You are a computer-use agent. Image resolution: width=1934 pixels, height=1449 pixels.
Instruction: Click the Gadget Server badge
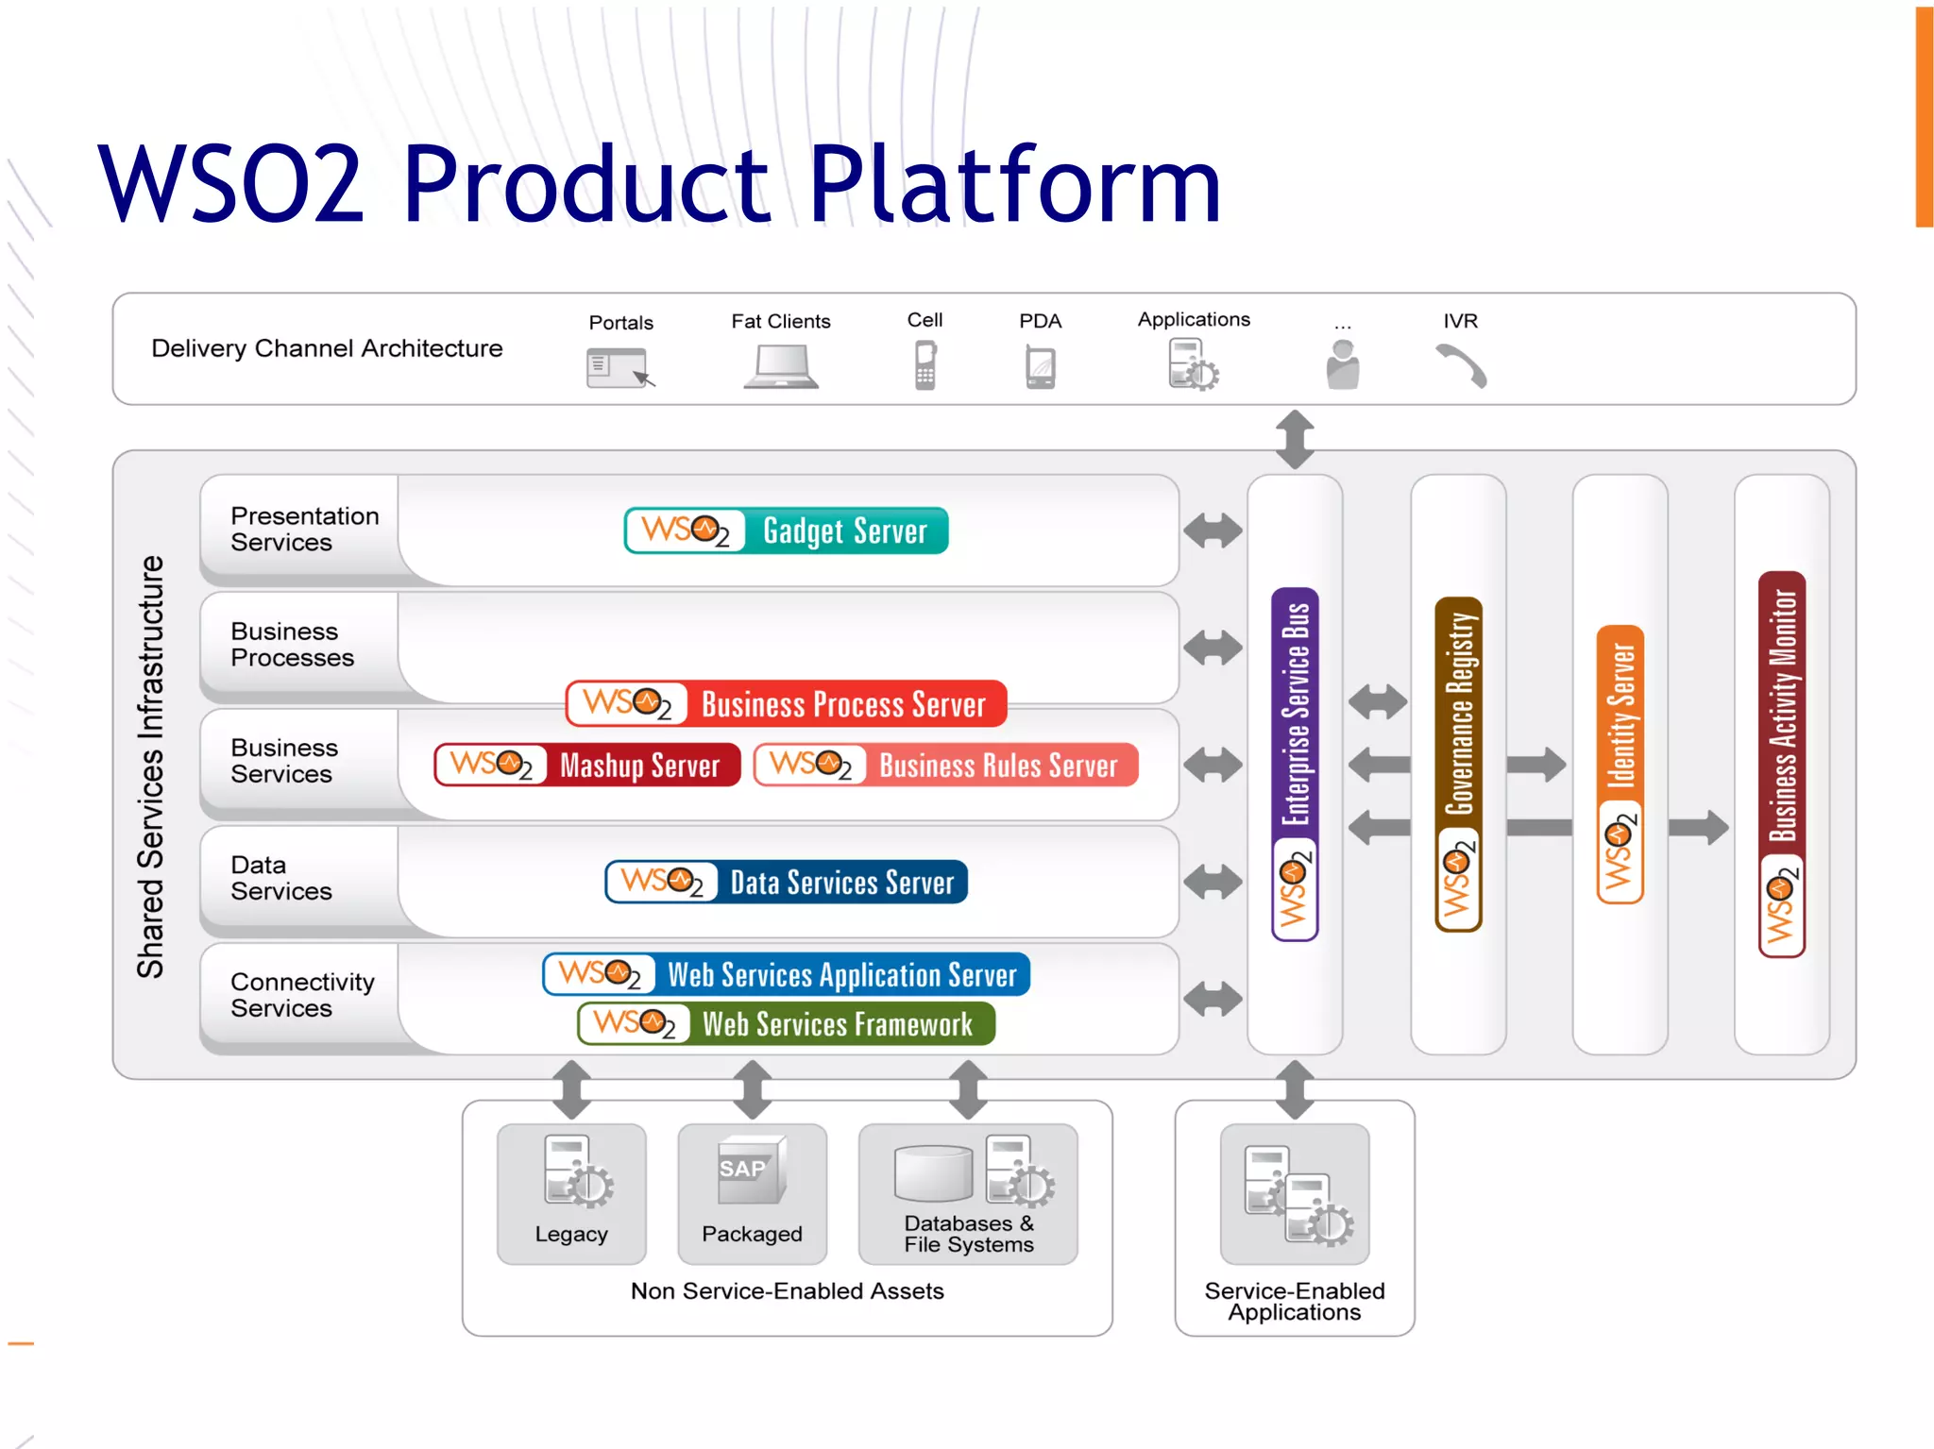[x=786, y=531]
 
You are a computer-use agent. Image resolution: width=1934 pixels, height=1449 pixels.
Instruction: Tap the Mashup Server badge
[x=586, y=765]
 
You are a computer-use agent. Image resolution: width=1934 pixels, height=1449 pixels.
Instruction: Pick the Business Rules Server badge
[x=946, y=765]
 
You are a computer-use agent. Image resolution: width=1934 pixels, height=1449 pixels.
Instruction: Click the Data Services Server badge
[x=786, y=882]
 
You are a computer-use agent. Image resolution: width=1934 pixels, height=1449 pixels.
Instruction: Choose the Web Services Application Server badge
[x=786, y=974]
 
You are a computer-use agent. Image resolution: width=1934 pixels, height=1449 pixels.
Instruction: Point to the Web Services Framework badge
[x=786, y=1024]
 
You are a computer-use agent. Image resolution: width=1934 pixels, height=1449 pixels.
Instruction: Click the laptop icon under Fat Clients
[x=781, y=367]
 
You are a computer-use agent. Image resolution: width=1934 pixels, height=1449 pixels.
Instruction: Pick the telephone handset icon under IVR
[x=1461, y=365]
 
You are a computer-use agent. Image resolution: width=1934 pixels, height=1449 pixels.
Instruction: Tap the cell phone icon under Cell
[x=925, y=365]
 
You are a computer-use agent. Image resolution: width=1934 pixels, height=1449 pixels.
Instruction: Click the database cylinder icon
[x=933, y=1173]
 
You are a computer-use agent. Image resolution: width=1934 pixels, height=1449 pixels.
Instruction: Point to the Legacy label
[x=571, y=1234]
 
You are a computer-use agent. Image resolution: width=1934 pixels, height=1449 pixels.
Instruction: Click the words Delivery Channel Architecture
[x=327, y=348]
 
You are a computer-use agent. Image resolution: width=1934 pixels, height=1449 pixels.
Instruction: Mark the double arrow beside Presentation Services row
[x=1213, y=531]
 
